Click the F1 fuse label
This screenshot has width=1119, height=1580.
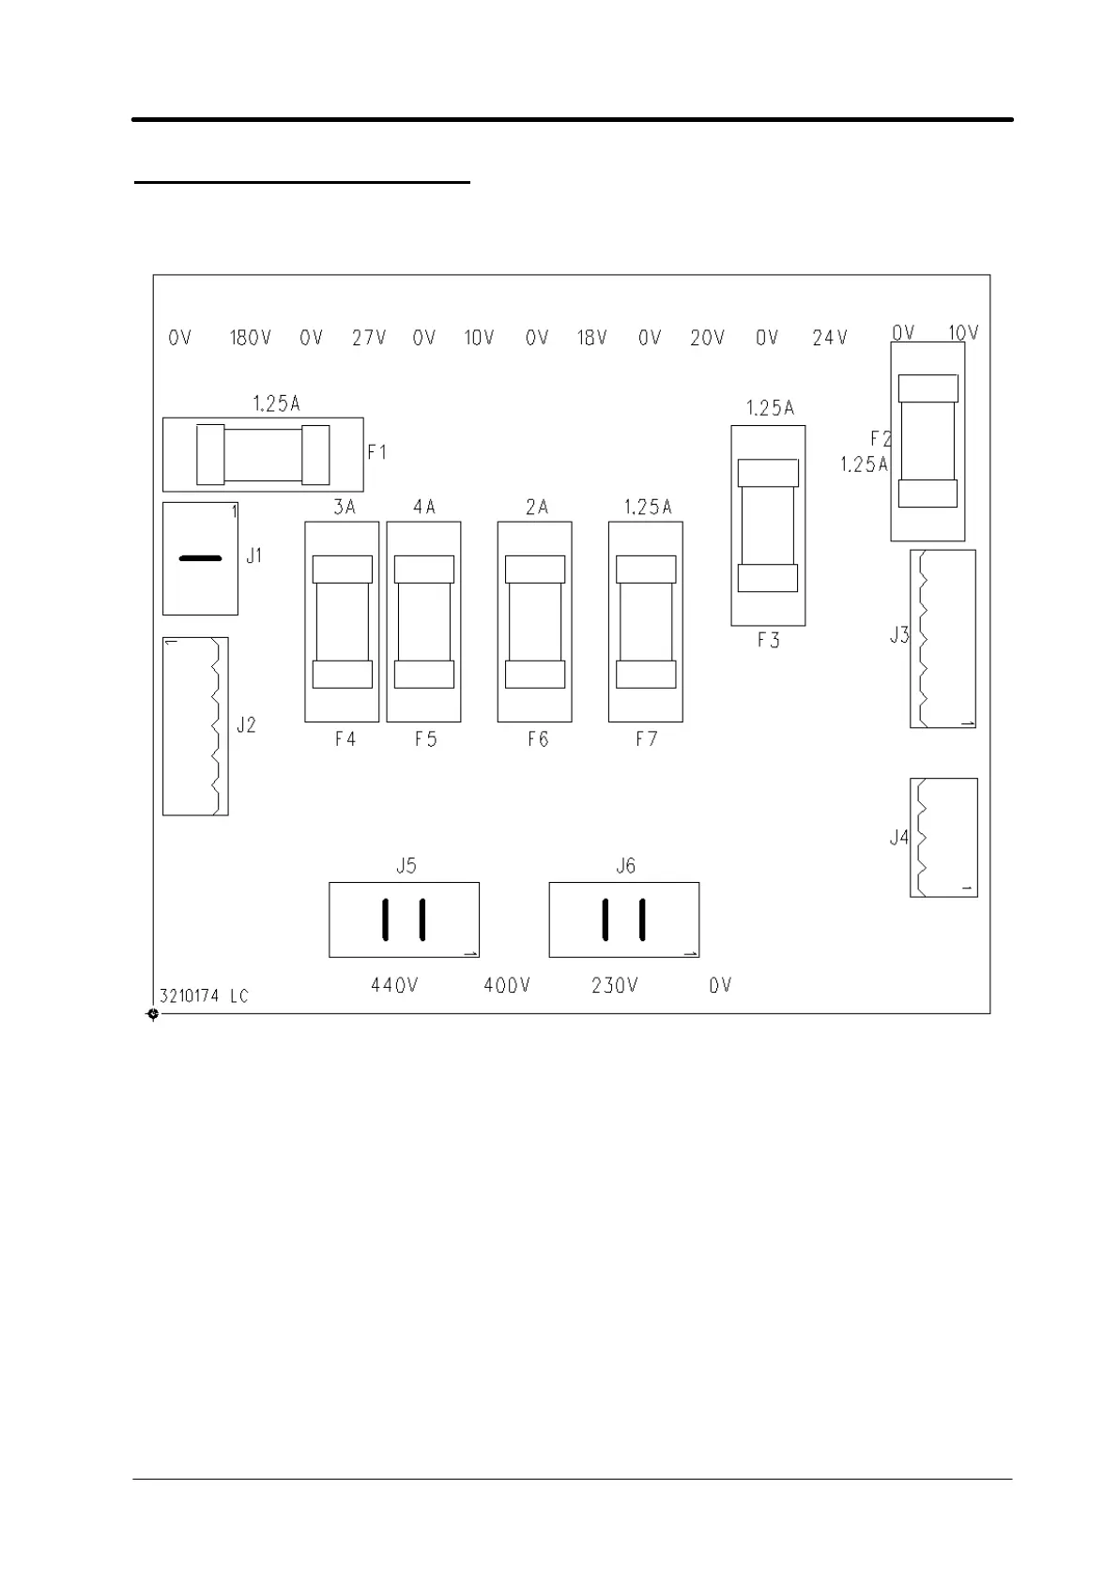377,452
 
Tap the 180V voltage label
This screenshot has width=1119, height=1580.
251,338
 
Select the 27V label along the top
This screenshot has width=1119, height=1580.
369,338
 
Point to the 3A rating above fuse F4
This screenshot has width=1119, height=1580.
345,507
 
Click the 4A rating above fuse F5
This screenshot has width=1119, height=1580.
424,507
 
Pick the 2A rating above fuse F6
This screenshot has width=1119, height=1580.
537,507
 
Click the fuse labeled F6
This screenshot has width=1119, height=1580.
535,621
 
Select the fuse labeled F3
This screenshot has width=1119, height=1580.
768,525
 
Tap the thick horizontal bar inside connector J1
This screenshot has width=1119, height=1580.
200,558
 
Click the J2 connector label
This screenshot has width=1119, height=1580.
246,725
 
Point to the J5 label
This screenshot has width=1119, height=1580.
406,865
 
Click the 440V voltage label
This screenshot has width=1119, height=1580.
394,984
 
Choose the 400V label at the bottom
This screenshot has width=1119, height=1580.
507,984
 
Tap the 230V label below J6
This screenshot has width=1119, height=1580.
615,984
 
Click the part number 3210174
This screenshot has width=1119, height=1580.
189,996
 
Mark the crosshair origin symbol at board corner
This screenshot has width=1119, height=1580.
153,1014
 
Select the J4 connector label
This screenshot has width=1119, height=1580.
899,837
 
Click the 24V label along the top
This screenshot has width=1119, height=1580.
830,338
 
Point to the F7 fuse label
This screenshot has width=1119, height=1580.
646,738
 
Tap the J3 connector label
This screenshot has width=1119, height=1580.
899,635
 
